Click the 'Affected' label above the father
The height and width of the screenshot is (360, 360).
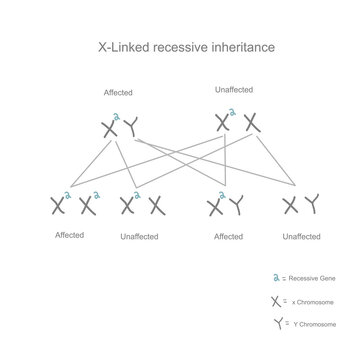118,93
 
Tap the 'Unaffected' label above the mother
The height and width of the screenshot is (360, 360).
234,89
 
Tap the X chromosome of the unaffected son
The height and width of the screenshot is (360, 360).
289,206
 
